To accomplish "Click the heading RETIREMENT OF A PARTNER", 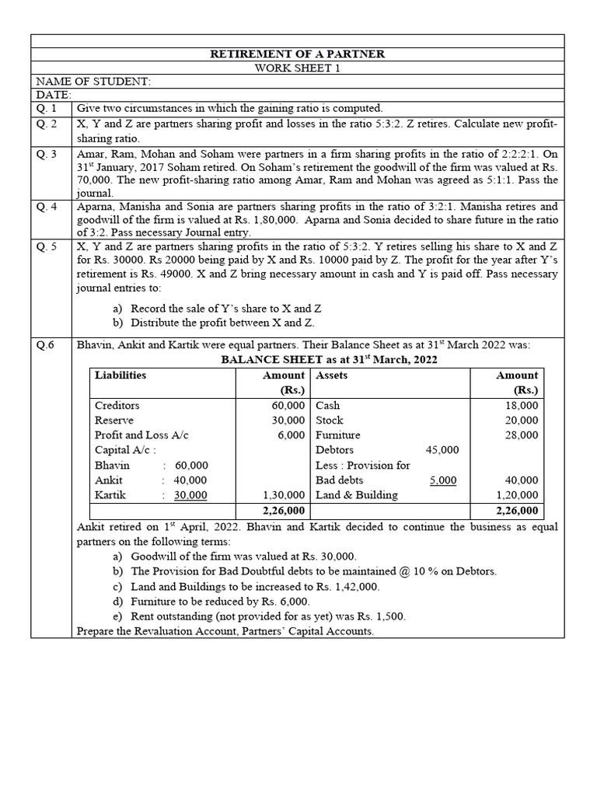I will [x=298, y=54].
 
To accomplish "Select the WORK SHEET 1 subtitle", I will [x=298, y=68].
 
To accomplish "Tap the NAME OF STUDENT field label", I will [x=93, y=81].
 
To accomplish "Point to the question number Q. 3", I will [x=47, y=154].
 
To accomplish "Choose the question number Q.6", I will [x=46, y=345].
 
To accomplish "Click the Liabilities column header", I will [x=120, y=375].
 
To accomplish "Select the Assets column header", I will [x=332, y=375].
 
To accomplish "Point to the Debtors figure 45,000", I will [x=442, y=450].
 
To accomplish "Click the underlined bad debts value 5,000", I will [x=443, y=480].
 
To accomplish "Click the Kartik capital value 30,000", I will [x=190, y=495].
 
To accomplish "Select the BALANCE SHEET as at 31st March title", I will [x=330, y=360].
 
